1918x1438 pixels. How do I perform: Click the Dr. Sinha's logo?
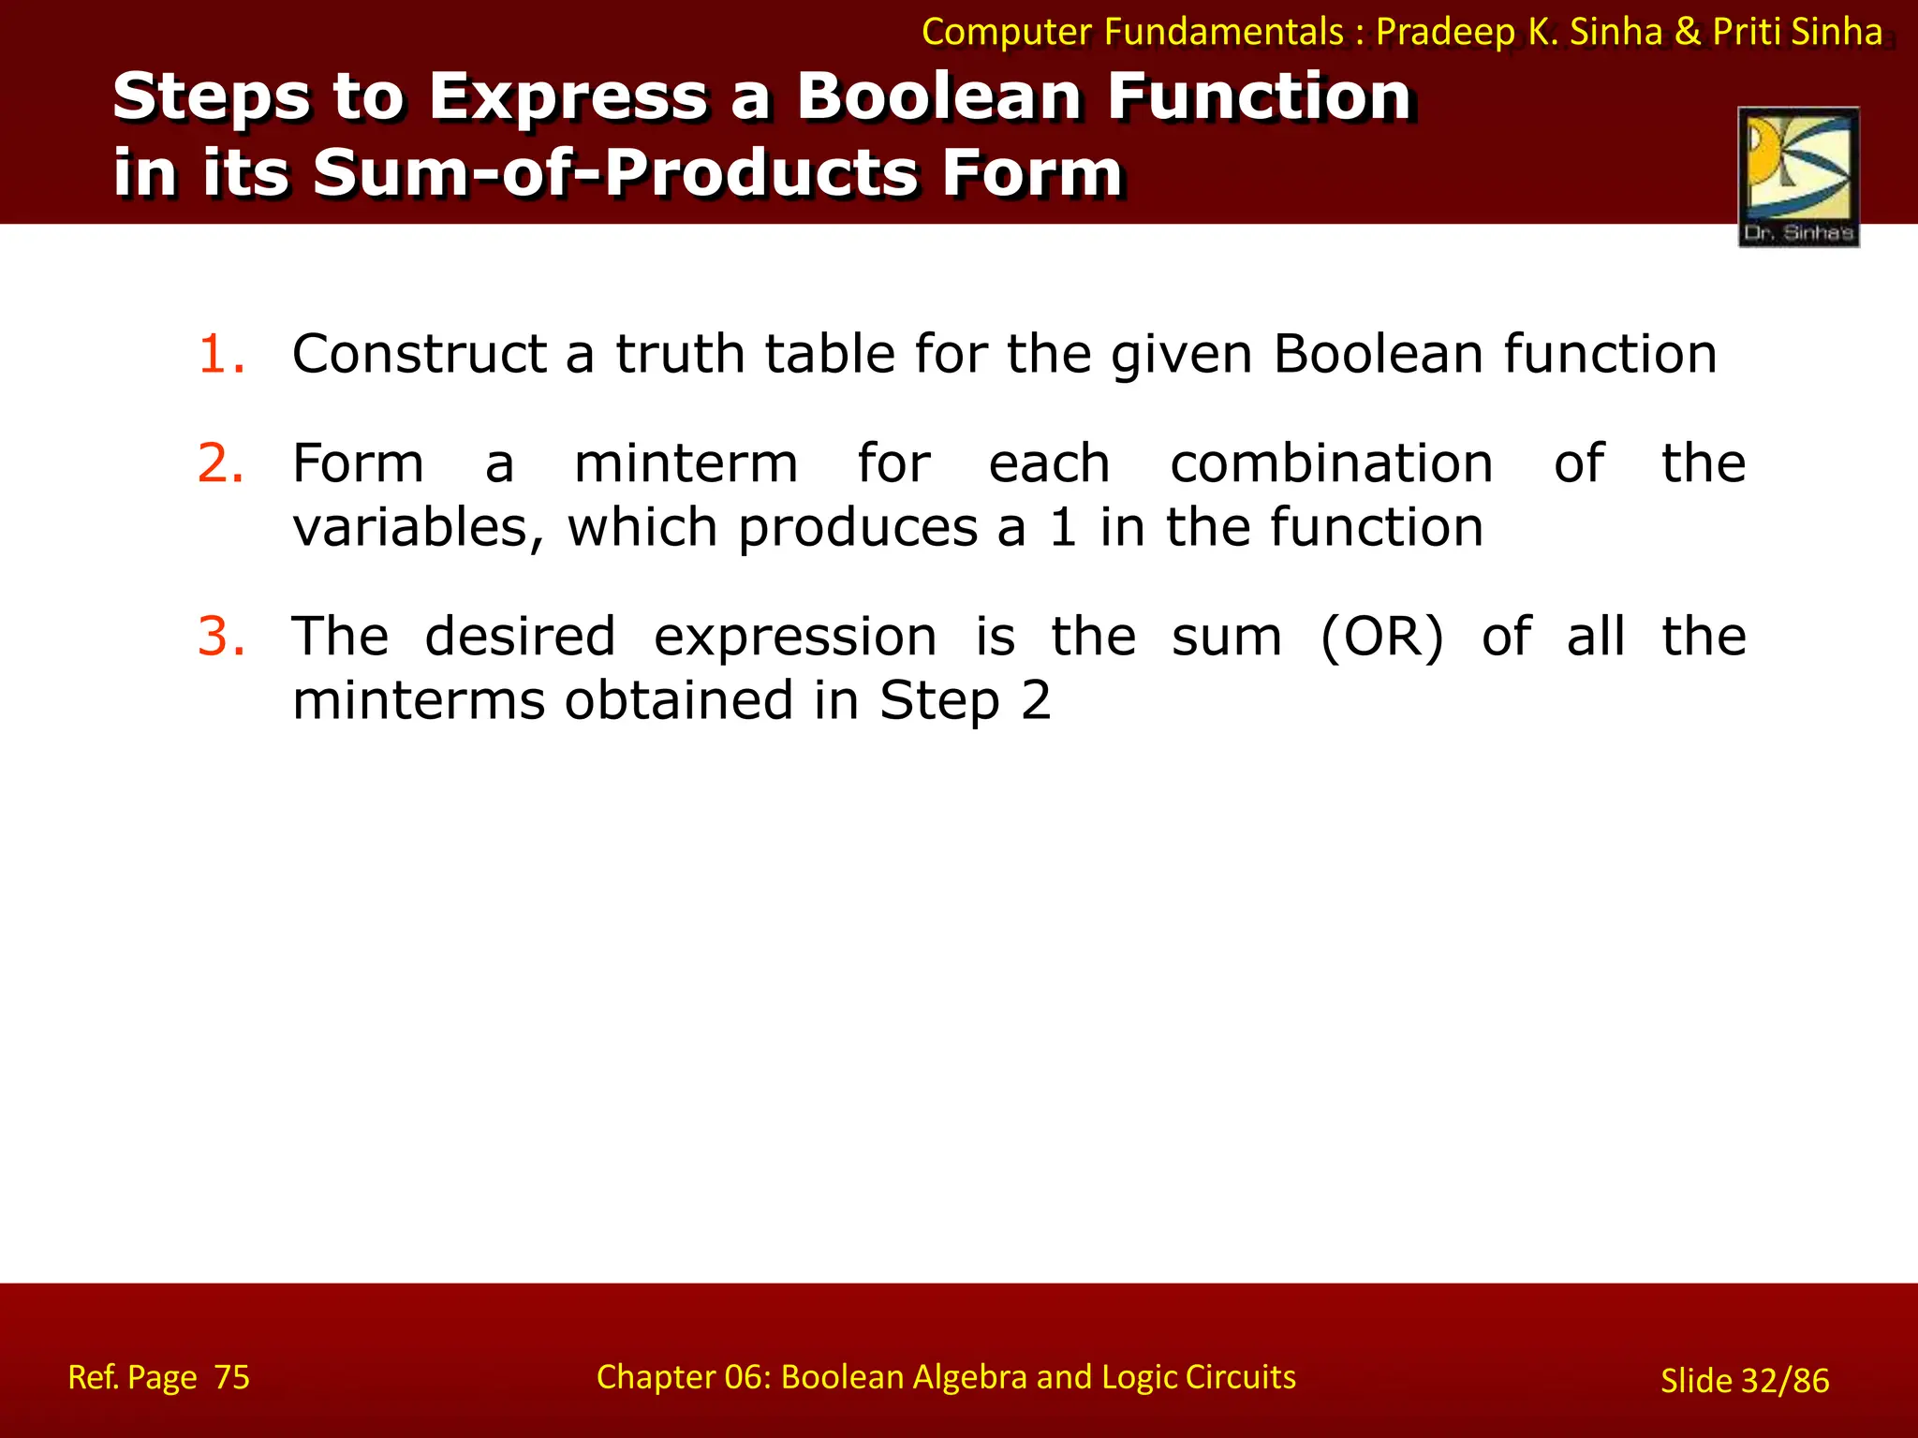(1798, 177)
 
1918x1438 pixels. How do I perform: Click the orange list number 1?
(221, 355)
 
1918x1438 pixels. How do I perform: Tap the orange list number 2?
(221, 463)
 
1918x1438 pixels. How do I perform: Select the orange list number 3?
(221, 637)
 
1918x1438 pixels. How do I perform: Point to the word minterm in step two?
(686, 463)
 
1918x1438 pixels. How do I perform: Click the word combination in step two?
(1331, 463)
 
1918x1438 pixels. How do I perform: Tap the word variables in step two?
(418, 527)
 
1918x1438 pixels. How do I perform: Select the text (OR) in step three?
(1381, 638)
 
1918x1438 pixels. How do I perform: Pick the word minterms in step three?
(418, 700)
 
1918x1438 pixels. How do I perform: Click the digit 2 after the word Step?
(1035, 700)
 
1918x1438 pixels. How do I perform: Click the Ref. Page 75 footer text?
(159, 1377)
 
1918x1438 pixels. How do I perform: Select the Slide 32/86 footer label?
(1744, 1380)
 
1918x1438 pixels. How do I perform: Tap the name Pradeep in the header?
(1445, 33)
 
